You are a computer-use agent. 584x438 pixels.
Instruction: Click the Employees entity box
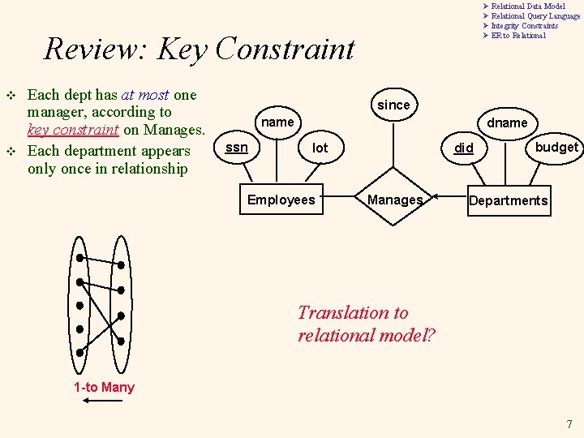(281, 200)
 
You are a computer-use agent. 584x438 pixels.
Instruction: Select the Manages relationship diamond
(395, 200)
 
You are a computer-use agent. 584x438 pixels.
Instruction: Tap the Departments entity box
(508, 200)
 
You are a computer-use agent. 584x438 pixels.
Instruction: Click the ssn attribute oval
(236, 147)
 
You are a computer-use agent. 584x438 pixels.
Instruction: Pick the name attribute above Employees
(278, 122)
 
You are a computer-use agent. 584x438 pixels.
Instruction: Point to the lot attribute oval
(320, 148)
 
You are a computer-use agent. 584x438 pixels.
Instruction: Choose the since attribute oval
(394, 105)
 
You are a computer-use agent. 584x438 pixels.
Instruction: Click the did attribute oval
(463, 148)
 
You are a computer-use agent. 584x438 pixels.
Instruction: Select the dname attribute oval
(507, 122)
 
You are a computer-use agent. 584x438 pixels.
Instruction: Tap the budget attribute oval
(556, 147)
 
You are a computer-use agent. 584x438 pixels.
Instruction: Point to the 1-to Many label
(104, 387)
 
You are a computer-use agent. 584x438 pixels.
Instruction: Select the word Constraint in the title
(286, 49)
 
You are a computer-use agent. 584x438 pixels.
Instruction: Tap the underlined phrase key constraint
(73, 131)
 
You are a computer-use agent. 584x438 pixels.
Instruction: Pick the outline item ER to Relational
(518, 36)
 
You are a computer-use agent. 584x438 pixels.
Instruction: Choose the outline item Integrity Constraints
(524, 26)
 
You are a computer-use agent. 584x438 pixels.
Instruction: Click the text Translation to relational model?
(366, 324)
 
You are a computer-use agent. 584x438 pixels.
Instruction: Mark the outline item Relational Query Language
(535, 16)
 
